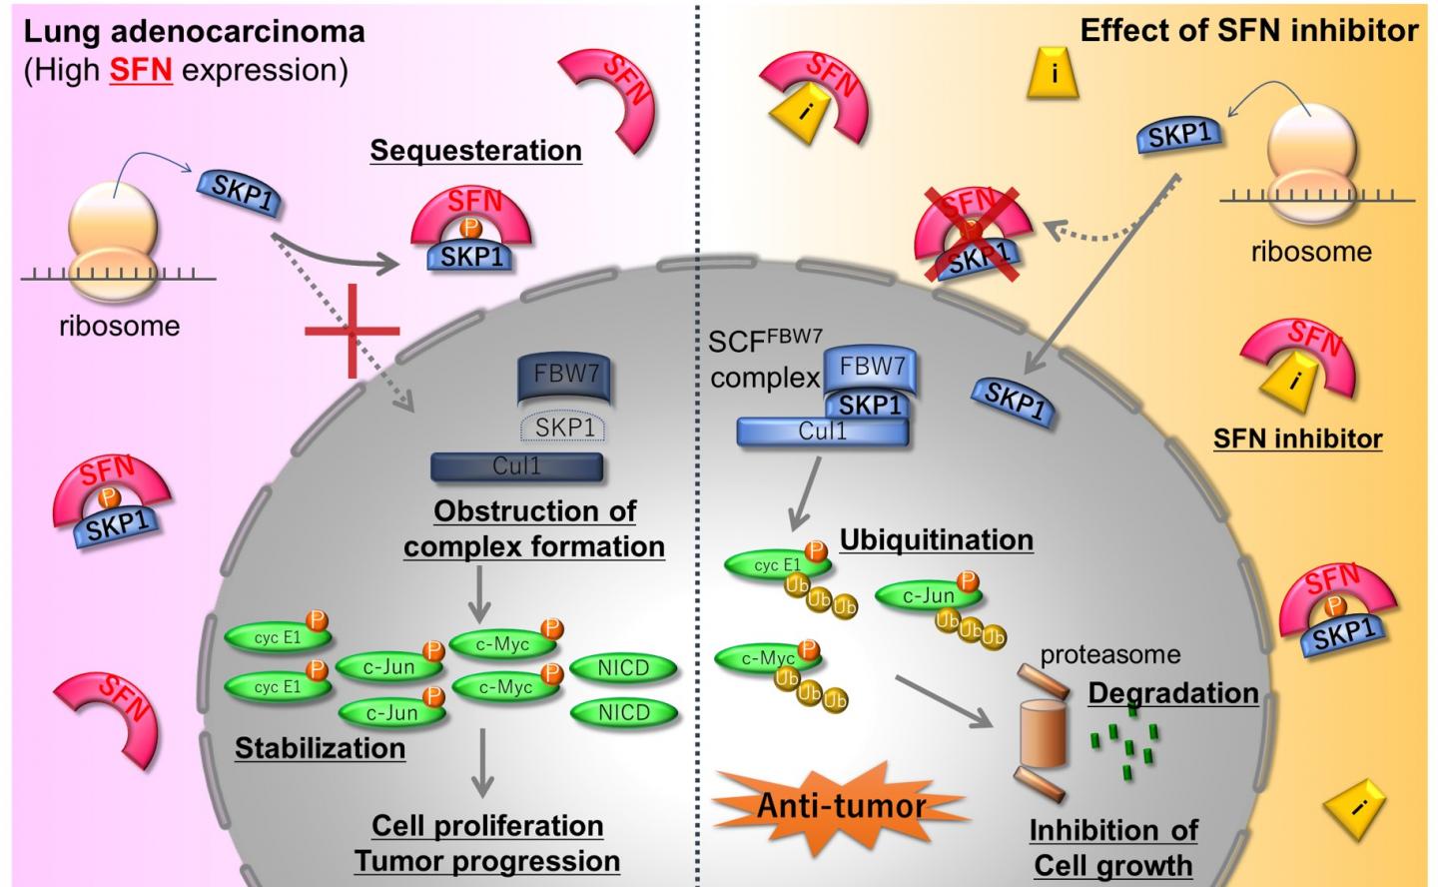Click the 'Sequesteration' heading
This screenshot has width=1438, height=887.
(x=475, y=151)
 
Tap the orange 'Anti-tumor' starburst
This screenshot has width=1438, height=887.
(x=841, y=805)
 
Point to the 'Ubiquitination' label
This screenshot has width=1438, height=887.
(x=936, y=540)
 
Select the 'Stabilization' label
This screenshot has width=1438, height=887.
(x=320, y=748)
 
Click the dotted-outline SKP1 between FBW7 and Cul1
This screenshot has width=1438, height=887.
(x=564, y=428)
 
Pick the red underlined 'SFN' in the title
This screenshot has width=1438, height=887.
(x=141, y=71)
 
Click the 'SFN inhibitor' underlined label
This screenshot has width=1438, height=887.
(x=1297, y=439)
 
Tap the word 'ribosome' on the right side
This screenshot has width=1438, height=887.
(x=1310, y=251)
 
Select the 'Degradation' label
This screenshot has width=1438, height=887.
(x=1172, y=693)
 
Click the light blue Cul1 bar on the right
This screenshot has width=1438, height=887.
(x=822, y=432)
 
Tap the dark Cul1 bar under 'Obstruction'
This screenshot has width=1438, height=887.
(x=516, y=466)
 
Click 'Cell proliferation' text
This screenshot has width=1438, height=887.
(x=487, y=826)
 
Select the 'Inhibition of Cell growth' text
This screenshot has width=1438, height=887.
(x=1112, y=847)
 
